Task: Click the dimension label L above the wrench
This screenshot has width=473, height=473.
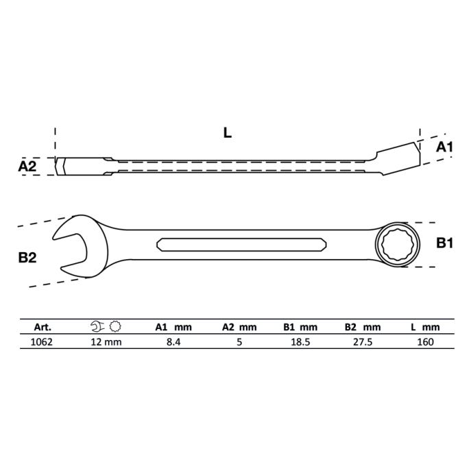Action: click(228, 133)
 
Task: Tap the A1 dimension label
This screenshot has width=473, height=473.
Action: click(444, 147)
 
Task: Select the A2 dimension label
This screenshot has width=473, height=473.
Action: click(27, 166)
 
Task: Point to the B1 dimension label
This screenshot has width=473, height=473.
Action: click(444, 243)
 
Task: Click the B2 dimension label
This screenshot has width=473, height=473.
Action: click(27, 258)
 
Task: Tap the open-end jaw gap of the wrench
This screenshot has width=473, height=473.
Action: click(70, 250)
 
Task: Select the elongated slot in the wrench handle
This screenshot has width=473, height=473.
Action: click(241, 245)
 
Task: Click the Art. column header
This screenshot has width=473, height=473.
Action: click(43, 327)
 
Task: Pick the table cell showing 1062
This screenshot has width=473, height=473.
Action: click(42, 342)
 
